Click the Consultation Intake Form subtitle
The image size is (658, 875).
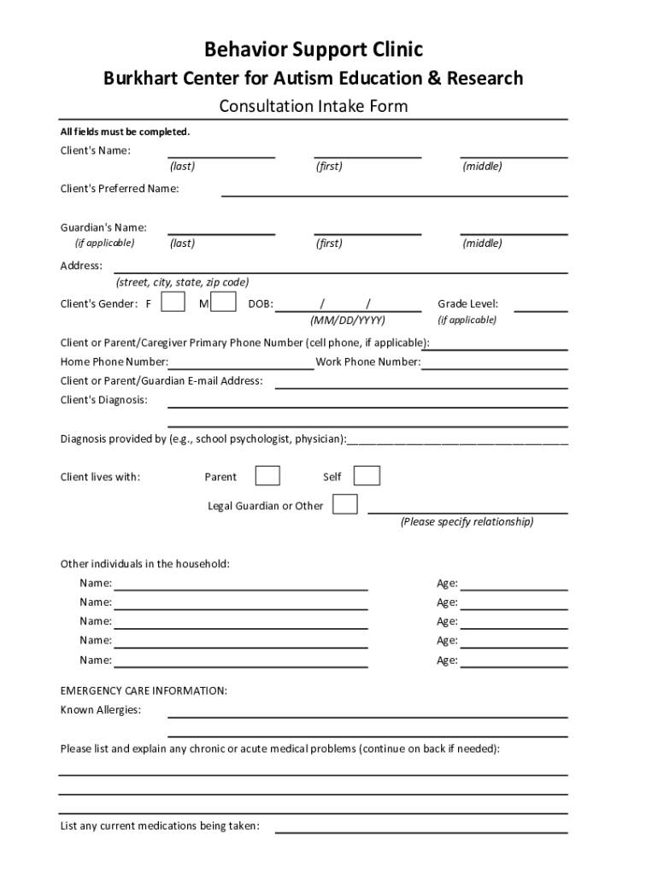[x=313, y=106]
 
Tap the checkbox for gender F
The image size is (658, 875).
[x=173, y=302]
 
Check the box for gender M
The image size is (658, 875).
[x=224, y=302]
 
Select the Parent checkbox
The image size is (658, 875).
[x=267, y=476]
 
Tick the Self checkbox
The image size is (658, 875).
[x=367, y=476]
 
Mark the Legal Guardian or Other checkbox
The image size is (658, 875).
[x=345, y=504]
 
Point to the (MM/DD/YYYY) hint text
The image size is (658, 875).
[x=347, y=320]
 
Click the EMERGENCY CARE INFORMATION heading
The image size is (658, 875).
[x=144, y=690]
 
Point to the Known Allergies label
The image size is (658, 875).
[x=101, y=710]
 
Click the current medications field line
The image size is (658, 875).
[x=420, y=830]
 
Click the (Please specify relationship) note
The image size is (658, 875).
[x=467, y=522]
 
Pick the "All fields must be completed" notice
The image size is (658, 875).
[x=125, y=132]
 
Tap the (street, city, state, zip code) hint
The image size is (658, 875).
[x=183, y=283]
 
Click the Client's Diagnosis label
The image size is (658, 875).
[x=103, y=400]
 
